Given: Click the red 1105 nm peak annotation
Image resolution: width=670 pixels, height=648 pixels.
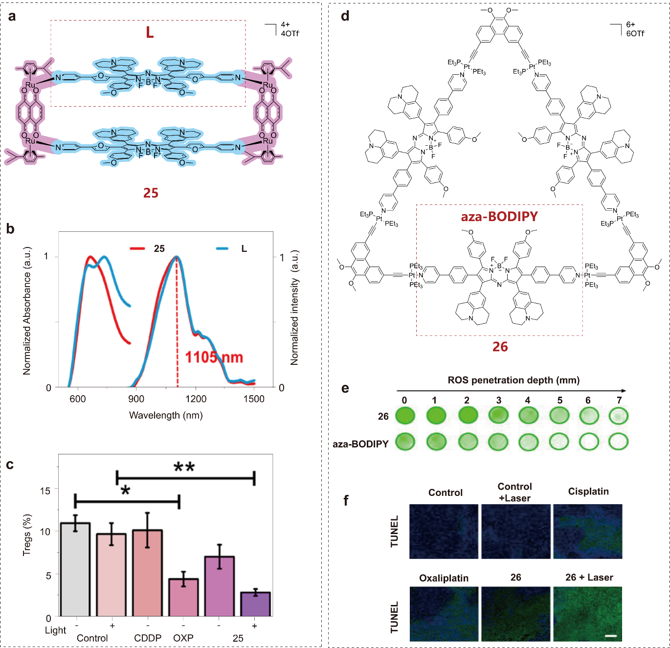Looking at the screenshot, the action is pos(214,357).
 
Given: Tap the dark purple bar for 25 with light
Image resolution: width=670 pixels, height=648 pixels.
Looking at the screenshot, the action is pos(255,604).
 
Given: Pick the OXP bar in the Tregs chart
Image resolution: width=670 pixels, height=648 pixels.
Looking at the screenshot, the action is pos(183,598).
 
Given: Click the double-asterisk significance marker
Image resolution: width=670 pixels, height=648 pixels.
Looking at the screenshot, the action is pos(184,468).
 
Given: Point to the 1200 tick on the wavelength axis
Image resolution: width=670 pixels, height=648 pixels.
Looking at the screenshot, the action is pos(196,399).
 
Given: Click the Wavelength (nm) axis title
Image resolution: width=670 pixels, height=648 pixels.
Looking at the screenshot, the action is pos(166,415).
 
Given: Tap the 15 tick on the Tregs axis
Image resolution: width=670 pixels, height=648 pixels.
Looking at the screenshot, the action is pos(45,491).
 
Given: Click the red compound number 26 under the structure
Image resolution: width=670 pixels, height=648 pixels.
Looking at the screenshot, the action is pos(500,347).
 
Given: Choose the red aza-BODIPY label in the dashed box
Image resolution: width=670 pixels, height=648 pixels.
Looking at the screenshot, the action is pos(499,216).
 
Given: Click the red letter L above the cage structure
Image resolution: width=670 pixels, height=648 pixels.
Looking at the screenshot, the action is pos(150,32).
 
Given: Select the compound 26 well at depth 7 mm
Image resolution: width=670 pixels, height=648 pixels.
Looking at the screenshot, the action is pos(619,416).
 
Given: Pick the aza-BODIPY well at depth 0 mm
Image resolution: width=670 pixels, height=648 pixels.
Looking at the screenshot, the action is pos(405,442).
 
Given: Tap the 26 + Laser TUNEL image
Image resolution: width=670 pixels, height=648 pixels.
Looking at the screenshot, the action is pos(588,614).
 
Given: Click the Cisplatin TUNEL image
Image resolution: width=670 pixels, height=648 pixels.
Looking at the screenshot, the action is pos(588,531).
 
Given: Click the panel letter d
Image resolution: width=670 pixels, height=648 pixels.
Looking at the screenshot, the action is pos(345,16).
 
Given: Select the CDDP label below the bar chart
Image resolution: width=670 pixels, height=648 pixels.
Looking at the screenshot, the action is pos(148,638).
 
